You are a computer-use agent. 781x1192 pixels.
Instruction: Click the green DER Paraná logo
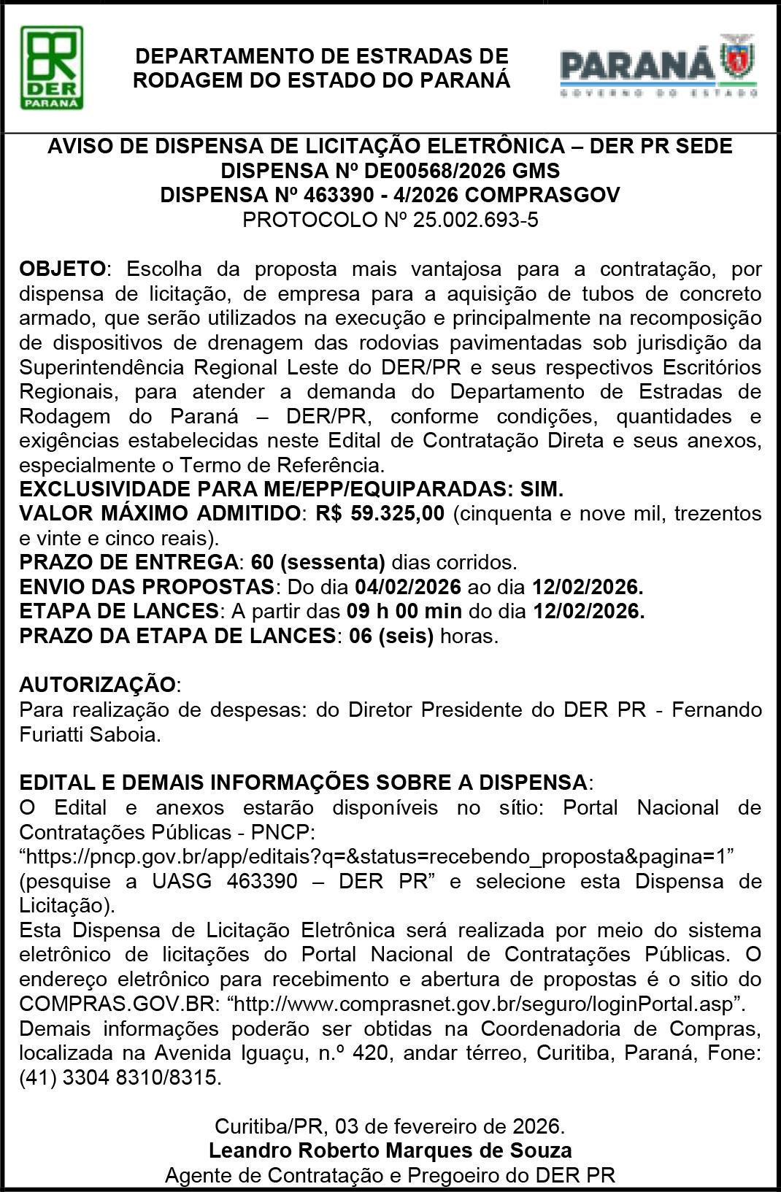click(51, 67)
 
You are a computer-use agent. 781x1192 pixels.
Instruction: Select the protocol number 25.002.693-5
click(475, 220)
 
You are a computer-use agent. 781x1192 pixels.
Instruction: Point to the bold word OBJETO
click(63, 269)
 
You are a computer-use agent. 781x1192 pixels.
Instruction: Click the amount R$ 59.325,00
click(380, 513)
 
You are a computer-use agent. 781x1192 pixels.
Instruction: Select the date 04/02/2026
click(408, 587)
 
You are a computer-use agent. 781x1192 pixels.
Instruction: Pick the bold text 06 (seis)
click(391, 636)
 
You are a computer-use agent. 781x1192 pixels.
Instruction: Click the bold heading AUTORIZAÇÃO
click(97, 685)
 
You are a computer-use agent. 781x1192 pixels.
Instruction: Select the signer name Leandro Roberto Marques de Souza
click(390, 1151)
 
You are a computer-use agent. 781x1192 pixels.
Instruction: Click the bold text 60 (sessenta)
click(318, 562)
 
